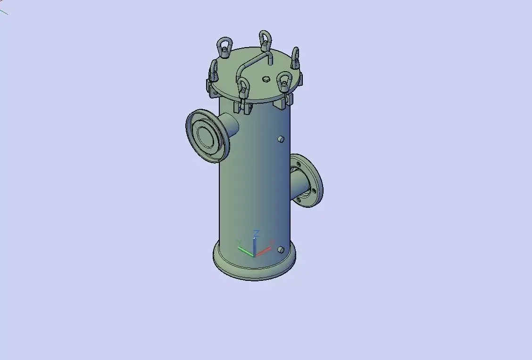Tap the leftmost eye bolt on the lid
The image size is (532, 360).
point(214,70)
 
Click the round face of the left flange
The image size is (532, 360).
point(206,136)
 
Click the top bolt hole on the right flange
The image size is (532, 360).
point(299,164)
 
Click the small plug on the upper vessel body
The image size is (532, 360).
point(281,139)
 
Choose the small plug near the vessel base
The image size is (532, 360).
point(281,249)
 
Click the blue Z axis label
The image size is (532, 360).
point(256,233)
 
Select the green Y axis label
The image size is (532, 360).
point(239,243)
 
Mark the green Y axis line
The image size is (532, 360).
point(246,252)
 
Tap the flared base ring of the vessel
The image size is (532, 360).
point(255,270)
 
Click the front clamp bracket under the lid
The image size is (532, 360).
point(243,106)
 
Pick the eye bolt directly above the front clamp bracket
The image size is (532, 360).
point(243,87)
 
